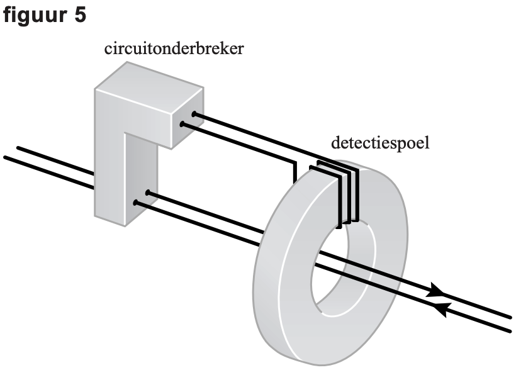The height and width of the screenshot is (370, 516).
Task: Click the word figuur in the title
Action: point(34,15)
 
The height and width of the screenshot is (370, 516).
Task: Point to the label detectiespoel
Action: point(380,143)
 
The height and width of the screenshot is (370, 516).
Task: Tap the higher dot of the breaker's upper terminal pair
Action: point(194,115)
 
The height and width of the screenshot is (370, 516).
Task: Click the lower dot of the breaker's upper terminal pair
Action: point(182,125)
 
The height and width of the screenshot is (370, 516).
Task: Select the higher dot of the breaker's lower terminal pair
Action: point(147,193)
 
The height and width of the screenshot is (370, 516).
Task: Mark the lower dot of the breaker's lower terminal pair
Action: point(135,203)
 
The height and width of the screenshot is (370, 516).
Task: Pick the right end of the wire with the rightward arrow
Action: point(511,317)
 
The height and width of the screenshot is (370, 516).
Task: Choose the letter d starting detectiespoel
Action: point(335,143)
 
